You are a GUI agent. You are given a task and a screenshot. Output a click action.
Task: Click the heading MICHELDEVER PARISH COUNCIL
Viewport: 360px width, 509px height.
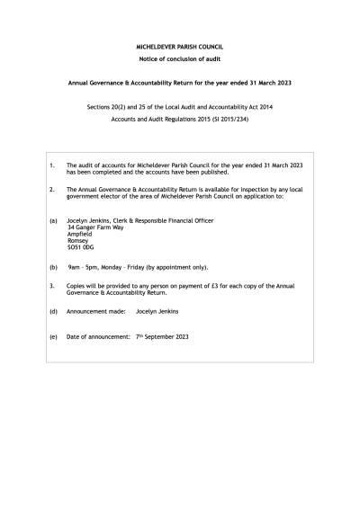pos(180,45)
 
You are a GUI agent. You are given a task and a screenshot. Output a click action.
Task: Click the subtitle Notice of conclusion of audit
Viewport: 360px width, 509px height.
pos(180,58)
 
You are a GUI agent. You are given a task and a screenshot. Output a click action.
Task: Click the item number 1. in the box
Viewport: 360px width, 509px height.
pos(52,165)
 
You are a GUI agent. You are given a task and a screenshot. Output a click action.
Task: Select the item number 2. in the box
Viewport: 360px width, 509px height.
pos(52,190)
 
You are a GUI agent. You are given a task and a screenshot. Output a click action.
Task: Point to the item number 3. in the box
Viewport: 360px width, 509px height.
pos(52,286)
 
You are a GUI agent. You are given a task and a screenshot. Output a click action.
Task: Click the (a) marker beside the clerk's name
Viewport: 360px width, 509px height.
pos(53,220)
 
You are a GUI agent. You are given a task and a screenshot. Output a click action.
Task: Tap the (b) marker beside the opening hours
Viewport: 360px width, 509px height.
pos(53,267)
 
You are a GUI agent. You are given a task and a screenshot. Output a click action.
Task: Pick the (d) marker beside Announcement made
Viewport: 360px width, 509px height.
pos(53,311)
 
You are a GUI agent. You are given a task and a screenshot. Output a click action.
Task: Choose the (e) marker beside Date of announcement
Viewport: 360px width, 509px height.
pos(53,336)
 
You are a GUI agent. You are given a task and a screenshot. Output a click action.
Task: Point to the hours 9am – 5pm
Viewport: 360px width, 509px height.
pos(87,267)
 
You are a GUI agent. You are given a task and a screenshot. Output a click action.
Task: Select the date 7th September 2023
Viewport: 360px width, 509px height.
pos(162,336)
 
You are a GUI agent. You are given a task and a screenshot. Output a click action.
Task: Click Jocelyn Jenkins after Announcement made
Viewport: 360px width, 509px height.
pos(157,311)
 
